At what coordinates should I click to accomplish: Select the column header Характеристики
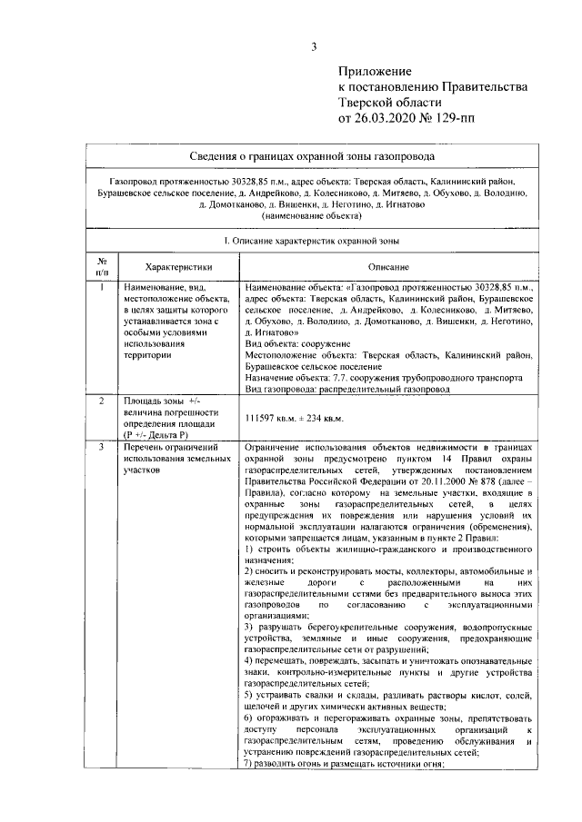coord(179,267)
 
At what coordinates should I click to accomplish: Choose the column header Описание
coord(387,267)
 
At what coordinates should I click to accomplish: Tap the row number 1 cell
coord(103,287)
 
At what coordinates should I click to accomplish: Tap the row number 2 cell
coord(103,401)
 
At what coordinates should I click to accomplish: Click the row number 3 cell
coord(103,447)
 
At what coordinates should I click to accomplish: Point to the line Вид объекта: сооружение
coord(297,344)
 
